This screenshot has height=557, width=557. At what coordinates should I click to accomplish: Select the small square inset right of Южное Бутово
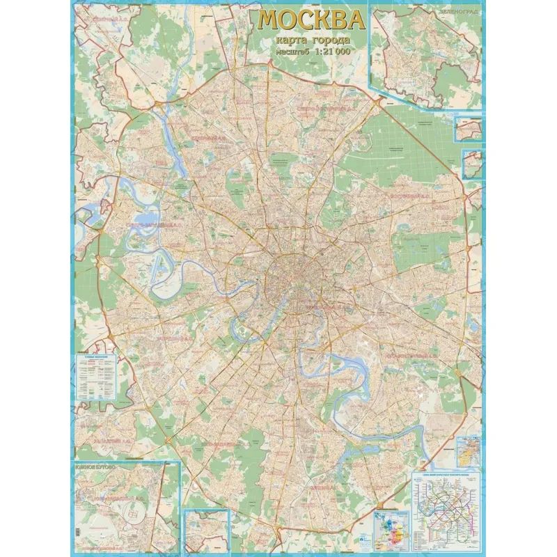207,528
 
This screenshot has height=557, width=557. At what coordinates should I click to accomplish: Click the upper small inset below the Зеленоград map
469,128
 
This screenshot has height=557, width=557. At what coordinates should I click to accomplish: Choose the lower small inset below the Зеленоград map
471,164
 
